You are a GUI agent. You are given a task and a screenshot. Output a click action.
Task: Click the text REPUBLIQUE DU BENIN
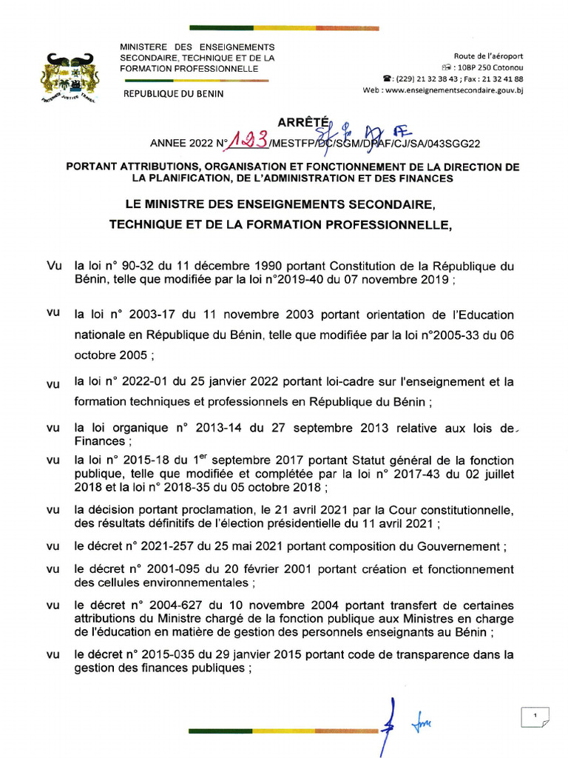tap(174, 94)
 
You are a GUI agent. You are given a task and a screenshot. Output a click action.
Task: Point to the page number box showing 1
tap(533, 717)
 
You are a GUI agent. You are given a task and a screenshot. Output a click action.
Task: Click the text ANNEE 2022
tap(181, 144)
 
